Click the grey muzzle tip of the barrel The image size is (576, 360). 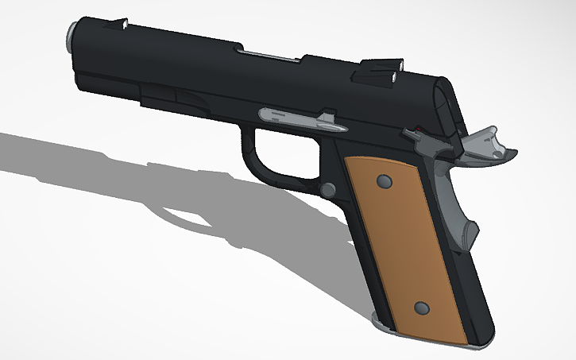pos(72,37)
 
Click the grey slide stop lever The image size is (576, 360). pos(303,119)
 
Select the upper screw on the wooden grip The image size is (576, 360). pos(385,183)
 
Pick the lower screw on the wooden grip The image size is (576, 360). pos(422,308)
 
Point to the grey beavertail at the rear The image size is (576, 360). pos(486,148)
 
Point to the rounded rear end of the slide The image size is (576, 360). pos(445,103)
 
